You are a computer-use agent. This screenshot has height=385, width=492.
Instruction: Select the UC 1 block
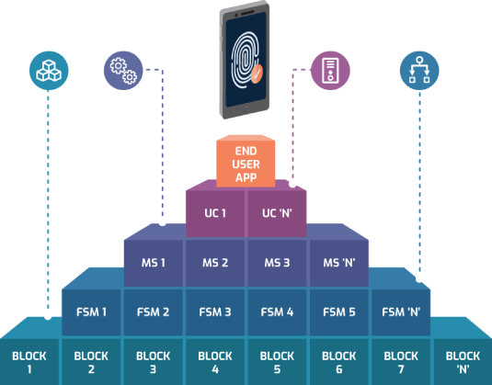tap(215, 213)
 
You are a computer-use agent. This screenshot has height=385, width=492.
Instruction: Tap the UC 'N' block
tap(277, 213)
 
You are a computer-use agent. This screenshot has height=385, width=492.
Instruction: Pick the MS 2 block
tap(215, 263)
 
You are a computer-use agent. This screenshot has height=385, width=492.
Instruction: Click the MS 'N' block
tap(339, 263)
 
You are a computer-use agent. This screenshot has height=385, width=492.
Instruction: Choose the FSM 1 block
tap(91, 312)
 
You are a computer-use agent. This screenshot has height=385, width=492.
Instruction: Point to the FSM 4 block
tap(277, 312)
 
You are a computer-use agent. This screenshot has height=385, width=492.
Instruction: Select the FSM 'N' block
tap(401, 312)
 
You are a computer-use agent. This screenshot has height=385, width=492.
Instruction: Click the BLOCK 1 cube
tap(29, 362)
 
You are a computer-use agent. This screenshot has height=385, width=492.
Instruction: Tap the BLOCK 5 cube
tap(277, 362)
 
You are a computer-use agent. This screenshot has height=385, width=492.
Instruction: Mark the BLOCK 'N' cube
tap(463, 362)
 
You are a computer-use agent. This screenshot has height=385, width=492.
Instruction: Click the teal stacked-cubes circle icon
tap(49, 71)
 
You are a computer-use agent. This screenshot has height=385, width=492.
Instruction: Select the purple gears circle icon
tap(123, 71)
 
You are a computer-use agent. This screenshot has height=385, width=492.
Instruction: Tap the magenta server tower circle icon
tap(330, 71)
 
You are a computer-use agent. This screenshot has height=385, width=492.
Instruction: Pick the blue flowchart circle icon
tap(419, 71)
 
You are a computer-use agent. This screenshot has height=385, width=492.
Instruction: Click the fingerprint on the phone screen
tap(245, 61)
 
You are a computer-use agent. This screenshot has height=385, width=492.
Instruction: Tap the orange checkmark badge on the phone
tap(257, 74)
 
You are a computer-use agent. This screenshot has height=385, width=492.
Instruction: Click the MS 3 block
tap(277, 263)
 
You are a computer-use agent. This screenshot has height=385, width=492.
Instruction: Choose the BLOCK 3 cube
tap(154, 362)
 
